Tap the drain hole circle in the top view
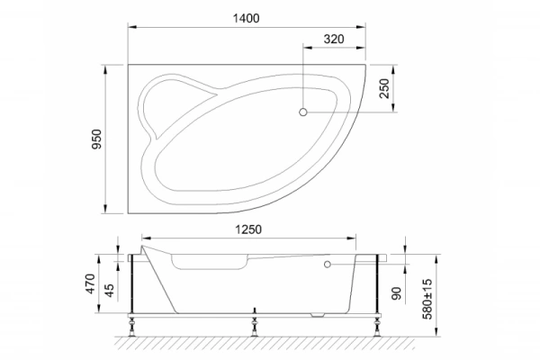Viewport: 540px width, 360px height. tap(303, 112)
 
